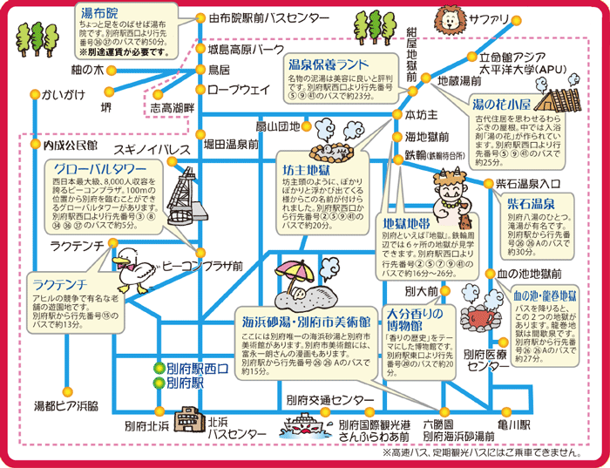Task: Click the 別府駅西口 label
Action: [x=197, y=369]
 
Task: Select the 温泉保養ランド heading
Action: [x=328, y=64]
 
